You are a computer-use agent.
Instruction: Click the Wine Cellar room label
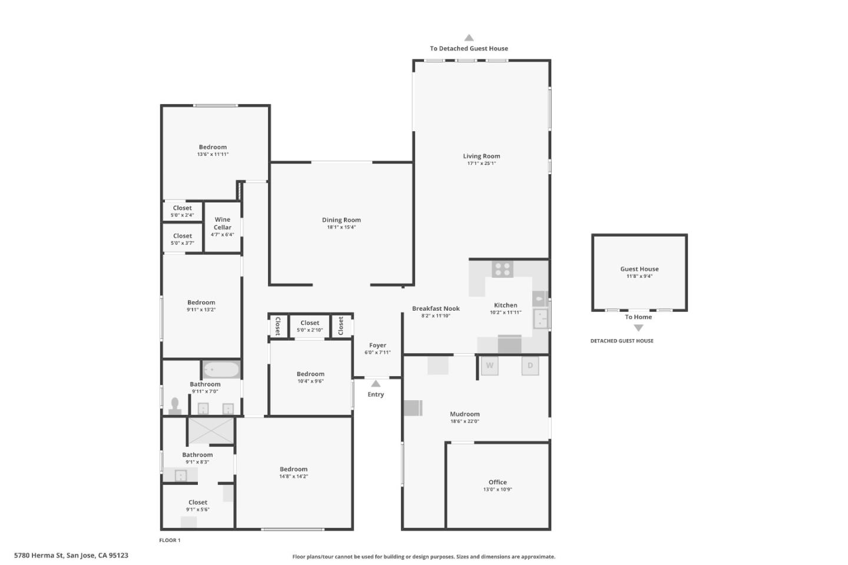coord(223,223)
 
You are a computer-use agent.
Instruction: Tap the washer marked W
coord(489,365)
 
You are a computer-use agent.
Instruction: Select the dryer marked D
coord(530,365)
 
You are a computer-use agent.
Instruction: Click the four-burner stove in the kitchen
coord(502,270)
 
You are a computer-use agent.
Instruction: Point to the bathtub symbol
coord(221,370)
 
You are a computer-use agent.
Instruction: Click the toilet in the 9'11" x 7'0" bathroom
coord(175,406)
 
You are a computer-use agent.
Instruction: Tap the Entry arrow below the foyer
coord(376,384)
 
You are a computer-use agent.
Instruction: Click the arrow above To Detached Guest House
coord(469,38)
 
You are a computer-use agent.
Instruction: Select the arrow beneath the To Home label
coord(638,328)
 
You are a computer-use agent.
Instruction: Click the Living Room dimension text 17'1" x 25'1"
coord(481,164)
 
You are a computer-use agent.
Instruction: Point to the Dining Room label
coord(341,220)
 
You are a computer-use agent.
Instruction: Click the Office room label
coord(498,482)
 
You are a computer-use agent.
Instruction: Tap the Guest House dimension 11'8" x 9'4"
coord(639,276)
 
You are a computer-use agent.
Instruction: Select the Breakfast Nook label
coord(436,308)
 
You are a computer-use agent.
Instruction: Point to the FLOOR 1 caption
coord(170,540)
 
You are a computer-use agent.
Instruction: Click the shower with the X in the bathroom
coord(211,430)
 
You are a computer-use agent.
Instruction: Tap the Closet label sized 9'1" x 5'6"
coord(198,503)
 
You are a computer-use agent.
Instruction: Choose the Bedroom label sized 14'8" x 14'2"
coord(293,469)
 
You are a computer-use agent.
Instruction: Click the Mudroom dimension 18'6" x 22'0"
coord(465,421)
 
